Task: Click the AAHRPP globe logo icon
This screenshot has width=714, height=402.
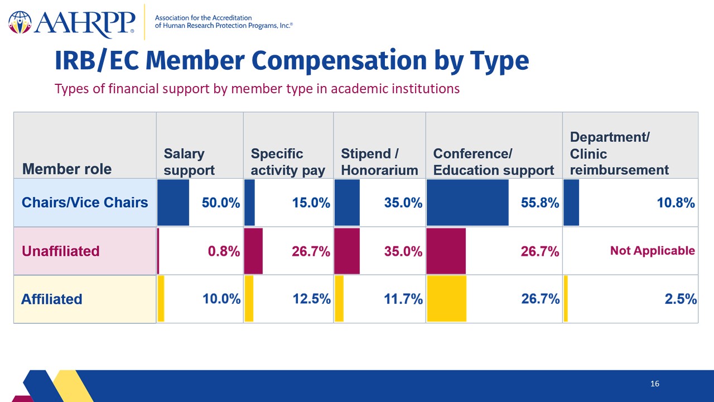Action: pos(20,23)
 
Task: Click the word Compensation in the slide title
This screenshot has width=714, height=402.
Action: pos(339,61)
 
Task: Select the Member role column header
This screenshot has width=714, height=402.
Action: pos(67,169)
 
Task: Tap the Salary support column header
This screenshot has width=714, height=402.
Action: pos(189,162)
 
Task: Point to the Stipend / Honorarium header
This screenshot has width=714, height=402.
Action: pos(379,162)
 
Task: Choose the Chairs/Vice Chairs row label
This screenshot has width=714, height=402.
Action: pos(85,202)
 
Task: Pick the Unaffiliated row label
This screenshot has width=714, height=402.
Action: pos(61,251)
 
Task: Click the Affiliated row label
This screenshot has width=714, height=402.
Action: pos(52,299)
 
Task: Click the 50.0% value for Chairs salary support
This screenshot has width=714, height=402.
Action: pos(221,203)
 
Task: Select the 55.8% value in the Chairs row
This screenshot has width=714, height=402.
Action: pos(540,203)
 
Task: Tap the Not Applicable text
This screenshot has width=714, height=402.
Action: pos(653,251)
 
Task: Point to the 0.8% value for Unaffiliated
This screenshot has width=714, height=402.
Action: pos(224,251)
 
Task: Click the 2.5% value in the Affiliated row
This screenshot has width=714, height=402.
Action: pos(681,299)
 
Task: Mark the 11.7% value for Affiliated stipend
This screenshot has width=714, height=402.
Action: pos(403,299)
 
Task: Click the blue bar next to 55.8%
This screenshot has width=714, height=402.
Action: pos(467,203)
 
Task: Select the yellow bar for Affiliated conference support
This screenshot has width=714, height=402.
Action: pos(447,299)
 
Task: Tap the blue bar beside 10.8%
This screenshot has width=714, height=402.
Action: pos(571,203)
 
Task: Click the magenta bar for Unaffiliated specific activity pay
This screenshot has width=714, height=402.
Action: pos(253,251)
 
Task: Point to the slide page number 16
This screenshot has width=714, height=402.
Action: pos(655,384)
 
